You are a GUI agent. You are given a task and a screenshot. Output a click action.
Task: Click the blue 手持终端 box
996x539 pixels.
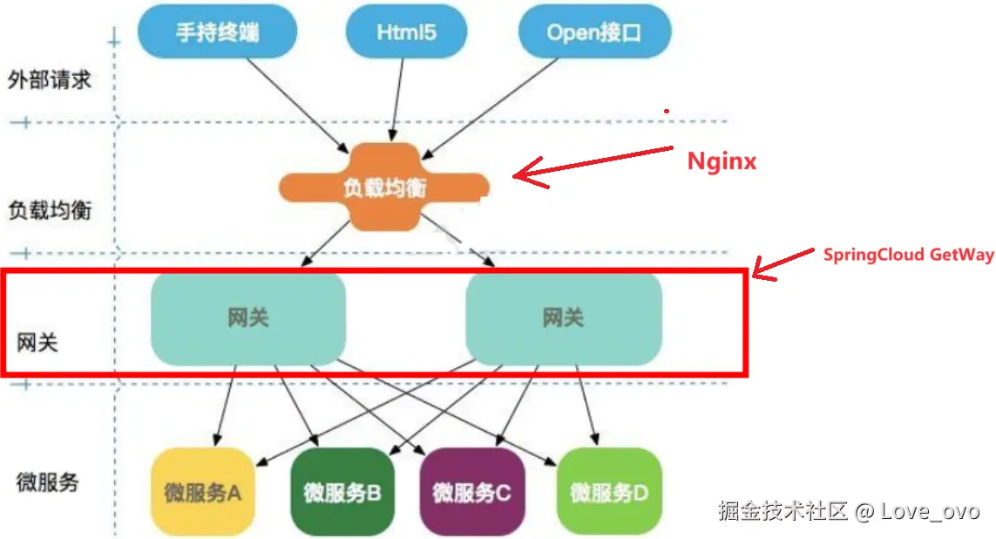217,33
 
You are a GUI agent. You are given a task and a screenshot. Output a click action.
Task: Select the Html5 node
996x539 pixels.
405,33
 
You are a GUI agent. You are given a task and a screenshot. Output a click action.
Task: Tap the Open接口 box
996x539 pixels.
594,33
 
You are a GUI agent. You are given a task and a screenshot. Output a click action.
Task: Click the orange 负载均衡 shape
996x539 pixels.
384,187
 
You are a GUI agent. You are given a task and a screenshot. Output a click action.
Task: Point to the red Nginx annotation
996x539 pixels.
722,161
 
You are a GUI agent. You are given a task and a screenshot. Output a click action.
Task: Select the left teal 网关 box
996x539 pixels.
248,318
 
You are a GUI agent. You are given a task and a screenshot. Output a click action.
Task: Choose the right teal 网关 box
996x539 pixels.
563,318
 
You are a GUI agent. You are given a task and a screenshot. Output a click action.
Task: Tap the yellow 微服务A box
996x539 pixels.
202,492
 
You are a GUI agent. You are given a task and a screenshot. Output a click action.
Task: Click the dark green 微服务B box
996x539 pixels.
342,492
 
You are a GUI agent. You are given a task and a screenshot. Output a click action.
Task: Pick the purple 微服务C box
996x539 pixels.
471,492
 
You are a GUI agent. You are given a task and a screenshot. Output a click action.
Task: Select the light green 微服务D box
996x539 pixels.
609,492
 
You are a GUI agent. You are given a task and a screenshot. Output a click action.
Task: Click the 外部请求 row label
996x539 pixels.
49,81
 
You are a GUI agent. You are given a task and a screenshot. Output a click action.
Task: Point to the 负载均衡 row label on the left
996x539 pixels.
49,211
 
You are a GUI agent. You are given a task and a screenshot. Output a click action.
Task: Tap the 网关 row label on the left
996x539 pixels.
37,342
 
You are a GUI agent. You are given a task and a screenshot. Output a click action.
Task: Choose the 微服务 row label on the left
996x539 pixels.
47,481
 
